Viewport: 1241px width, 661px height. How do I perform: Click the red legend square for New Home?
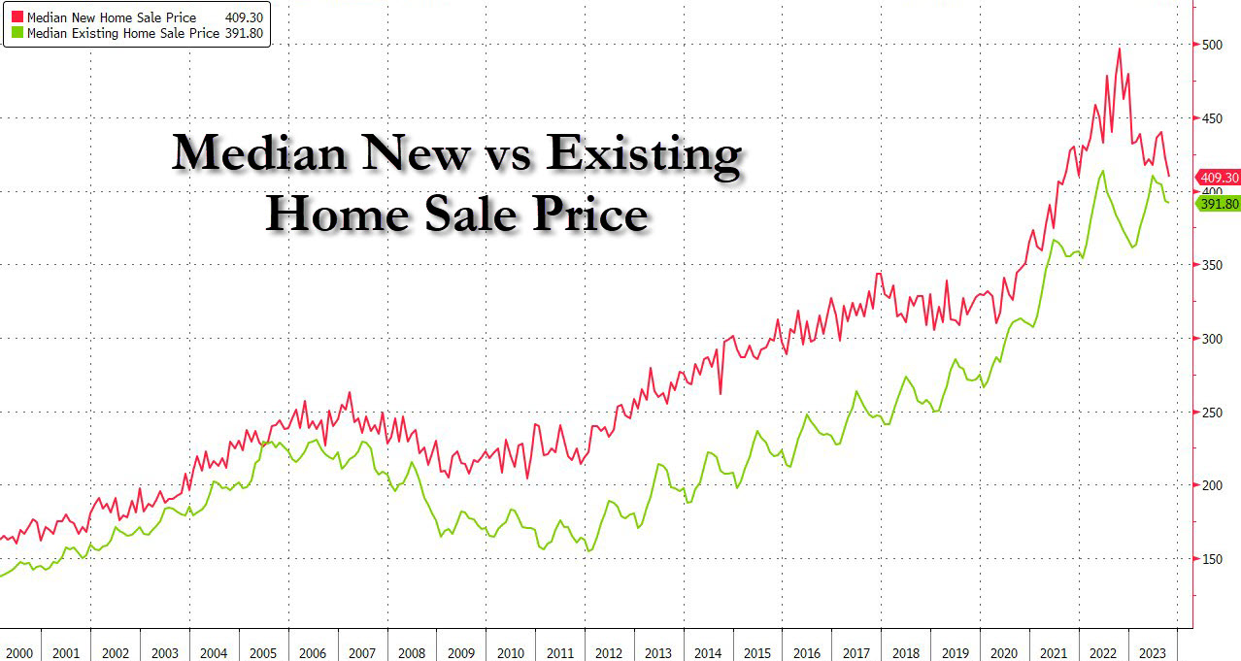point(17,17)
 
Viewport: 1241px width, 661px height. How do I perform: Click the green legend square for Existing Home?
point(17,33)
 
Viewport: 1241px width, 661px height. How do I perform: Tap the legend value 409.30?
point(245,17)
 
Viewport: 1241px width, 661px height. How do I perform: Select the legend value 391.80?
point(245,33)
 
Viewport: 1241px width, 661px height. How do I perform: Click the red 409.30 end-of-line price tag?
point(1219,178)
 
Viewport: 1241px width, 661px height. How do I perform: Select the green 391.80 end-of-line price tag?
point(1219,204)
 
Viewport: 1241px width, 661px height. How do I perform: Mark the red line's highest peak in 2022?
point(1120,49)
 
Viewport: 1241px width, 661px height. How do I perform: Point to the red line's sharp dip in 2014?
point(721,393)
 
